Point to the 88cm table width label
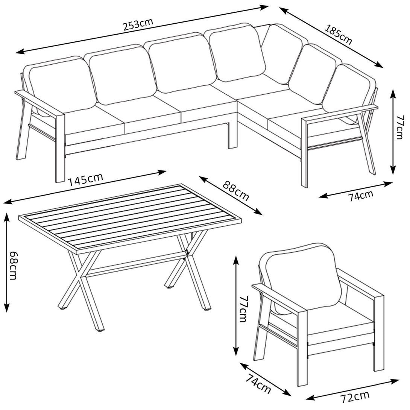pos(235,191)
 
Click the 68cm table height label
pos(13,266)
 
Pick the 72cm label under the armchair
pos(355,397)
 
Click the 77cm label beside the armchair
pos(243,309)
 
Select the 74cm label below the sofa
pos(361,196)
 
